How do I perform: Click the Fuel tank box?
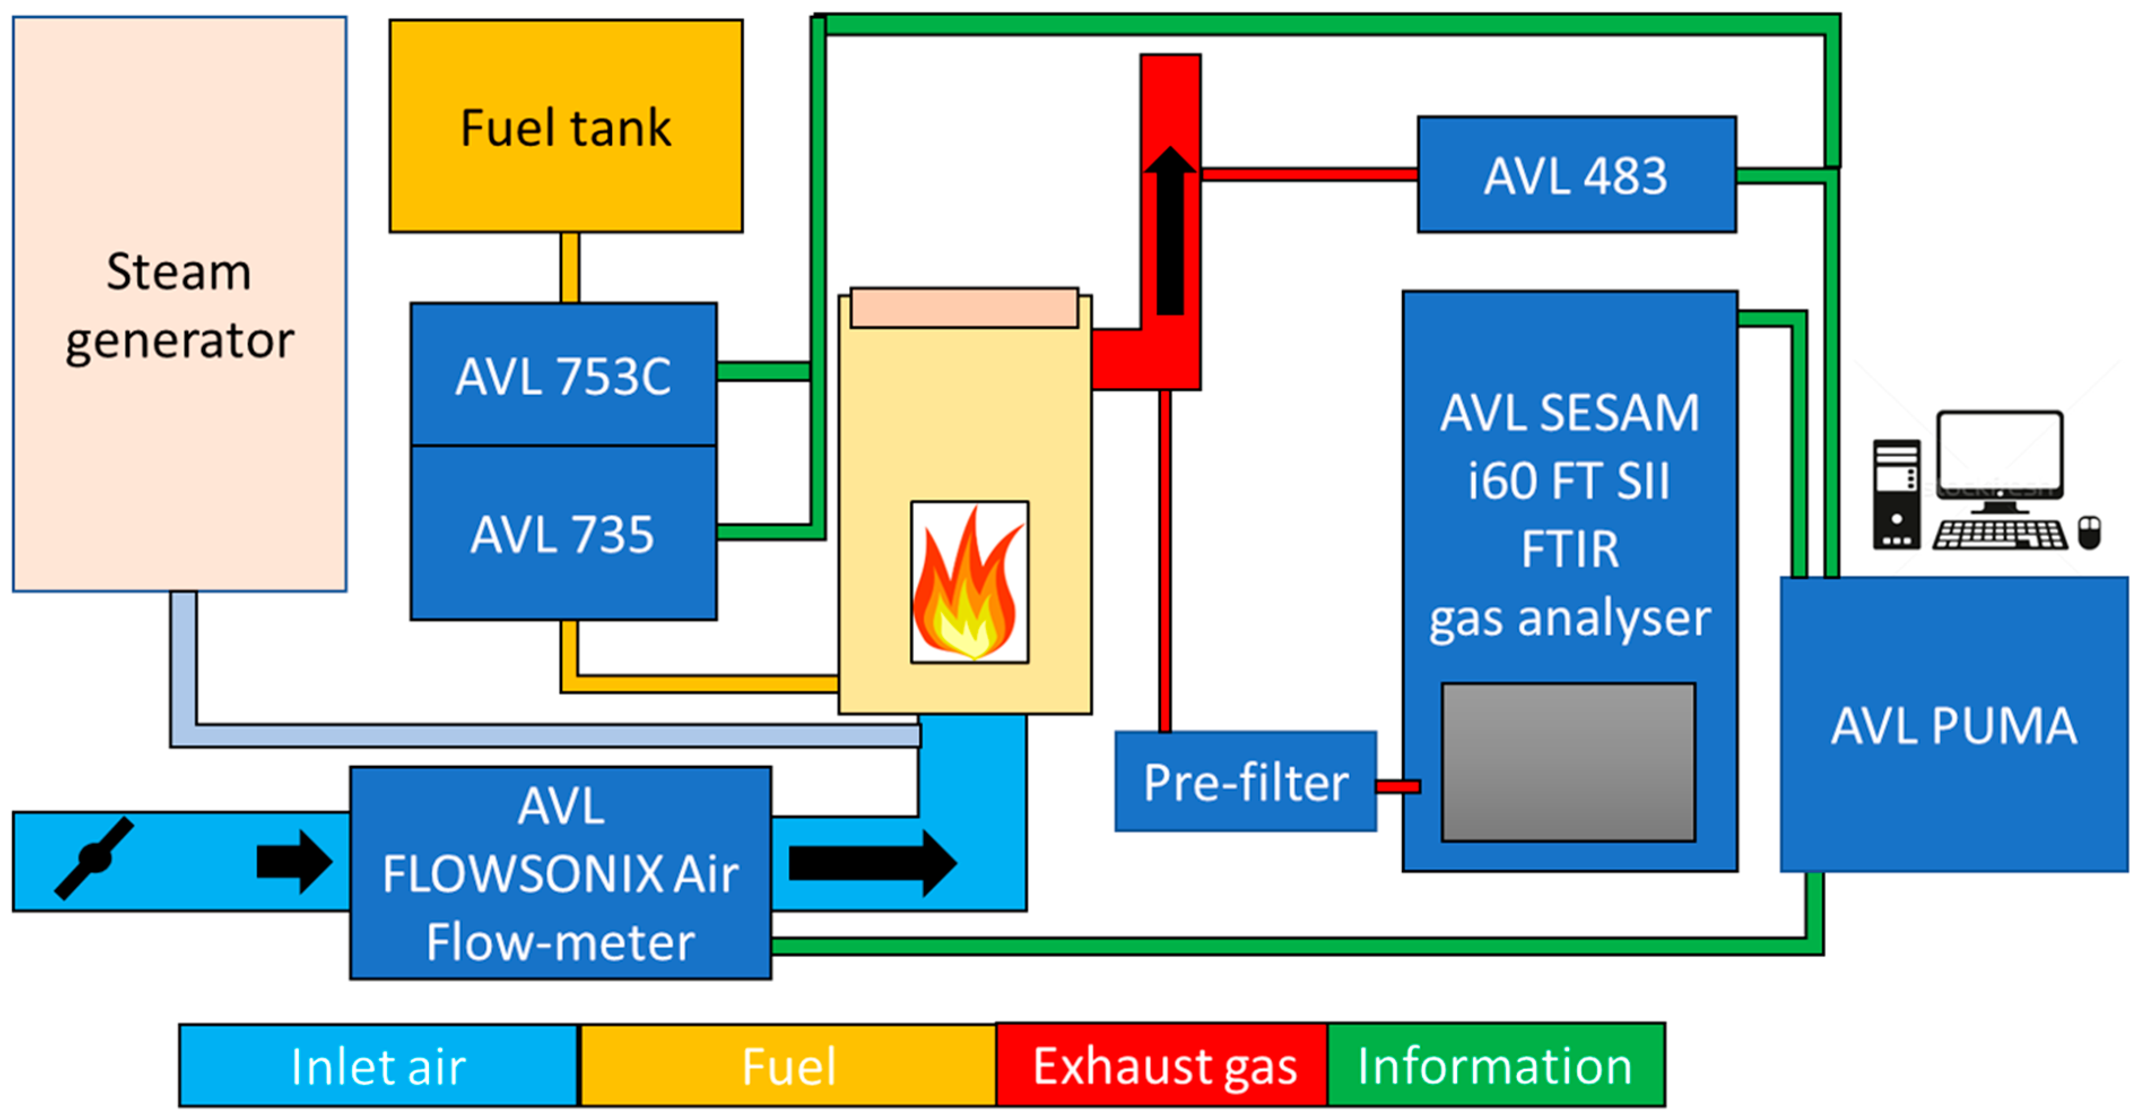(566, 126)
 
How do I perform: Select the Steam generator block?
(179, 304)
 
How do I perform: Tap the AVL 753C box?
(563, 375)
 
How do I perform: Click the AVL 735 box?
(563, 533)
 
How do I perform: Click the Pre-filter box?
(1245, 782)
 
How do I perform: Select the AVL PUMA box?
(1954, 724)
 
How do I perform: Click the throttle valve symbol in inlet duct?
(94, 858)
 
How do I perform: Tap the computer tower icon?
(1897, 494)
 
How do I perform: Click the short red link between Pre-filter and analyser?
(1398, 786)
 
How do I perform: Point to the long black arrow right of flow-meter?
(871, 864)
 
